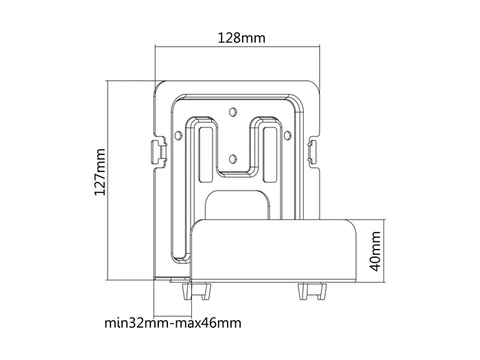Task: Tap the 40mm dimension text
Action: [x=375, y=250]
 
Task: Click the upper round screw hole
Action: [x=233, y=110]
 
